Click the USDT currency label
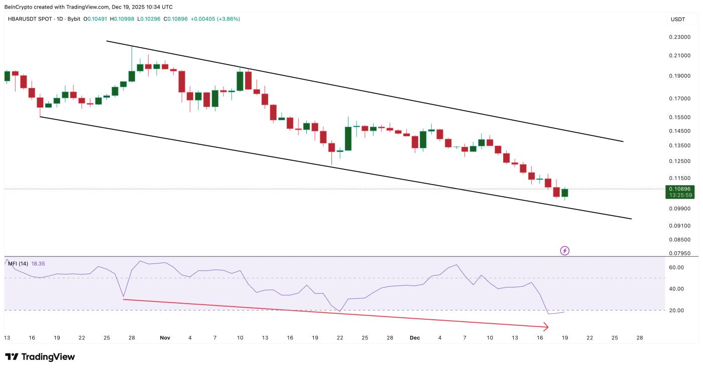[x=678, y=19]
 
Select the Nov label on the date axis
[x=165, y=338]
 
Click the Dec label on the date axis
[x=415, y=338]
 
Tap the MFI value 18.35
[x=38, y=263]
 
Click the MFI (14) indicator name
[x=18, y=263]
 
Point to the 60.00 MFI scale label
[x=676, y=267]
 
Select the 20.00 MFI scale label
[x=676, y=310]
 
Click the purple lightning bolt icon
[x=564, y=250]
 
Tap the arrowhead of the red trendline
[x=546, y=327]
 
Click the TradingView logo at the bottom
[x=40, y=357]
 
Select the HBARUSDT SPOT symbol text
[x=29, y=19]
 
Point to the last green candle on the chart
[x=564, y=193]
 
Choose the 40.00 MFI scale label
[x=676, y=289]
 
